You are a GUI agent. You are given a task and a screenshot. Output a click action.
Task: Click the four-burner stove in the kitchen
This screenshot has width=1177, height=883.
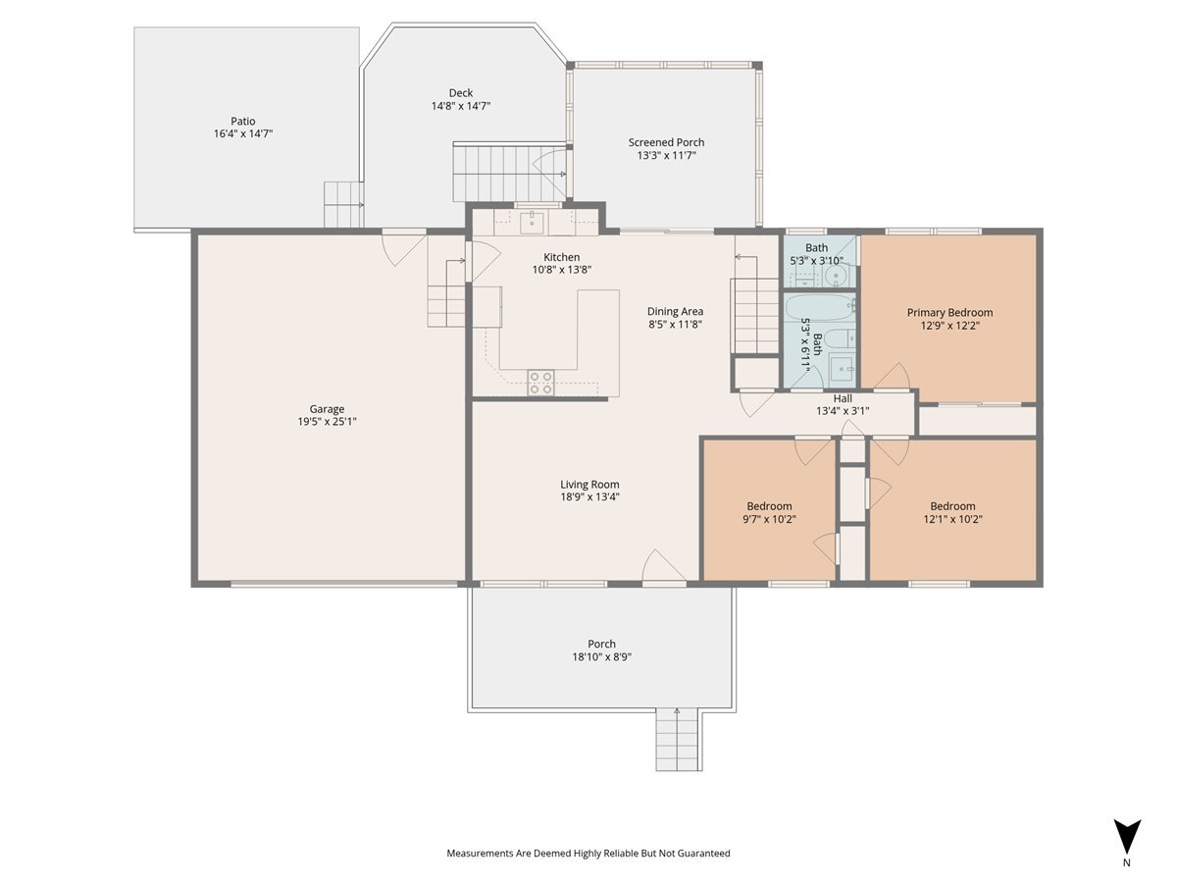point(540,382)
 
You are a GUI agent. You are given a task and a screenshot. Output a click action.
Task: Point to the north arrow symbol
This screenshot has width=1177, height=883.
point(1127,837)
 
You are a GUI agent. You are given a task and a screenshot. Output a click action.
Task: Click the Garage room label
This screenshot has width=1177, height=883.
point(327,409)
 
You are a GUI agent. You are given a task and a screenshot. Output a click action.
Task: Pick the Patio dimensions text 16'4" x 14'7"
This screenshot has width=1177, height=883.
point(242,133)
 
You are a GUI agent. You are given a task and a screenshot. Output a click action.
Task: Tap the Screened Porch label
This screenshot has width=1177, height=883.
point(666,142)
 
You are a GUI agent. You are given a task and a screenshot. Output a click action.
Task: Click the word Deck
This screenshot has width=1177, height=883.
point(461,93)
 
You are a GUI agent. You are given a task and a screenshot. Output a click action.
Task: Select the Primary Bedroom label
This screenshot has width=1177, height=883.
point(949,313)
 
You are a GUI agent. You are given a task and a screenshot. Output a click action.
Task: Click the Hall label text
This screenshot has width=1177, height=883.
point(843,398)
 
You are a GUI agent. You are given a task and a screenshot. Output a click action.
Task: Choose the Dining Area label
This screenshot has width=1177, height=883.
point(675,312)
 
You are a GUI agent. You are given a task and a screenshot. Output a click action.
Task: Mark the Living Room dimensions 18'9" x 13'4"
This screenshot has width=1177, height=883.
point(589,496)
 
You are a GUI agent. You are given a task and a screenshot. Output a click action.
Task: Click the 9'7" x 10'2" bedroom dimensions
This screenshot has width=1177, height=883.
point(768,519)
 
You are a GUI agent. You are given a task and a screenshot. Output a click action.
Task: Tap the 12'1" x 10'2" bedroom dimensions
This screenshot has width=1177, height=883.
point(952,519)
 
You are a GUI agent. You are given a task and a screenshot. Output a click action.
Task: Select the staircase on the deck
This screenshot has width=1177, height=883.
point(495,172)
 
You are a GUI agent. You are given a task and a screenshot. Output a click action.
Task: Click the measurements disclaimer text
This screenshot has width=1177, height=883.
point(588,854)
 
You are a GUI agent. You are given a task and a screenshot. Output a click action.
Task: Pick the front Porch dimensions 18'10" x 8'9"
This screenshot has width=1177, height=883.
point(601,657)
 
